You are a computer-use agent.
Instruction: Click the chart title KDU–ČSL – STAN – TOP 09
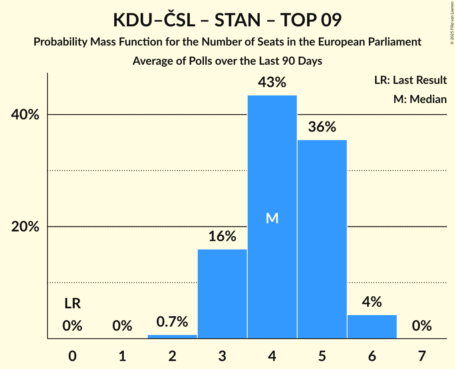(x=227, y=20)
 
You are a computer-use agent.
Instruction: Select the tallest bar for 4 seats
(x=272, y=160)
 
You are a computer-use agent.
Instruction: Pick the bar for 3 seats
(x=222, y=294)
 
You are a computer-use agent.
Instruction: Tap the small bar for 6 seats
(x=372, y=327)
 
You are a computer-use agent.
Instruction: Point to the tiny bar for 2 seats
(x=172, y=337)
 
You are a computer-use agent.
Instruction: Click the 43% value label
(x=272, y=82)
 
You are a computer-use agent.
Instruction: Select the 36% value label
(x=322, y=127)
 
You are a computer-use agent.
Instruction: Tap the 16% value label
(x=222, y=236)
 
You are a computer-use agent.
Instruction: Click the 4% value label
(x=372, y=302)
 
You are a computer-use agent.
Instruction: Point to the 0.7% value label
(x=172, y=321)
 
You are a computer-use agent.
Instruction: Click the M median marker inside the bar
(x=272, y=218)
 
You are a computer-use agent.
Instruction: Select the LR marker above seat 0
(x=72, y=304)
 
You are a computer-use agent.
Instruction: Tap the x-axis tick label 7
(x=422, y=356)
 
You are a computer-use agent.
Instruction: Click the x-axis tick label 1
(x=122, y=356)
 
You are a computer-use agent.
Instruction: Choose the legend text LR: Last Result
(x=410, y=80)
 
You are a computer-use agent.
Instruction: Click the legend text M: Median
(x=420, y=99)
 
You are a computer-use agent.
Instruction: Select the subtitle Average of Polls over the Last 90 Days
(x=227, y=61)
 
